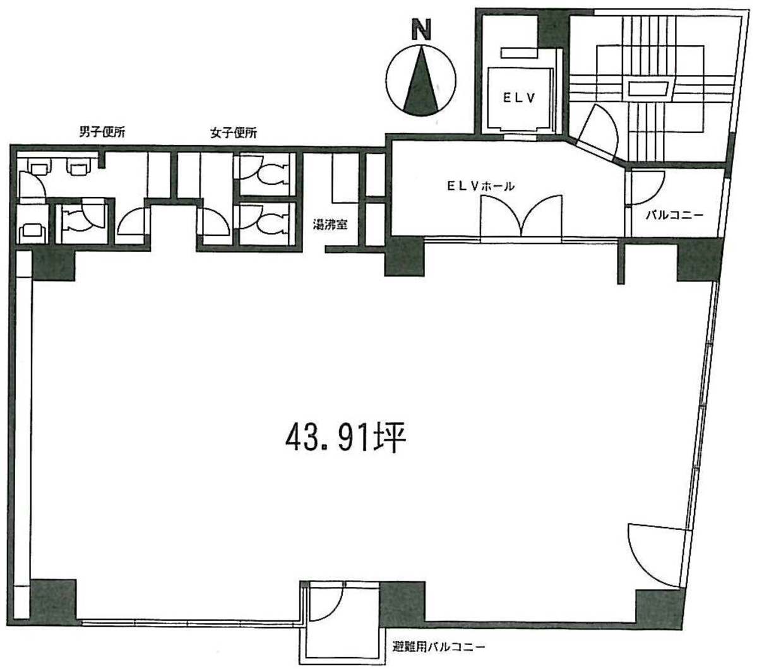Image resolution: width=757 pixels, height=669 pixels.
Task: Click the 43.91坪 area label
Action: (346, 437)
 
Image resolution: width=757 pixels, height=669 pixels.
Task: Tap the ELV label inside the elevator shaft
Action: (519, 98)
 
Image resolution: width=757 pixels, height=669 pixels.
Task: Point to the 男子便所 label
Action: (102, 132)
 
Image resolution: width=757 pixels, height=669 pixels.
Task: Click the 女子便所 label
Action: (234, 133)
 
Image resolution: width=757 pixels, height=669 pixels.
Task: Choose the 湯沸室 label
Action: (331, 225)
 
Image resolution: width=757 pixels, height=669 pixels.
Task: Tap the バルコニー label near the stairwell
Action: (674, 215)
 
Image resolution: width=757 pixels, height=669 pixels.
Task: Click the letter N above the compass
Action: (421, 30)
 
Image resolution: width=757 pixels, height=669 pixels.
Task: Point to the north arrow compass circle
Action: (422, 81)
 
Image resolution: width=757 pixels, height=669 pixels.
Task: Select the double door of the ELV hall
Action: (522, 216)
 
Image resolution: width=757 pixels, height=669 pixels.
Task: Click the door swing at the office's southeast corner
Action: (655, 555)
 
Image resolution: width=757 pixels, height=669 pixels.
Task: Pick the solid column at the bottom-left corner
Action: (53, 602)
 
